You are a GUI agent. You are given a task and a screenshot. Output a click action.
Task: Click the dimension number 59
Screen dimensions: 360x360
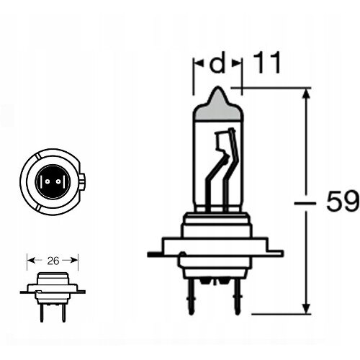(343, 202)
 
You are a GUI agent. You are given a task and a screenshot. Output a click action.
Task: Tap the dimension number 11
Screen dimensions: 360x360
(266, 63)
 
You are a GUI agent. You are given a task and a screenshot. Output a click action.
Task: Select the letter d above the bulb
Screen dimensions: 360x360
(217, 63)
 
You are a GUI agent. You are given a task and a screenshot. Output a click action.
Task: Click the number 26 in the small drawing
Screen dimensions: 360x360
(53, 261)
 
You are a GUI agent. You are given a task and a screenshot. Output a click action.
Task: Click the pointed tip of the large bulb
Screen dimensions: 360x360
(217, 87)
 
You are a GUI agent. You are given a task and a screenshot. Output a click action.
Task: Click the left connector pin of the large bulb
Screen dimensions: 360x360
(191, 297)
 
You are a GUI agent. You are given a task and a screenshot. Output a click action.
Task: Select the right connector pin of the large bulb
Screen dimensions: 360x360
(237, 297)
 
